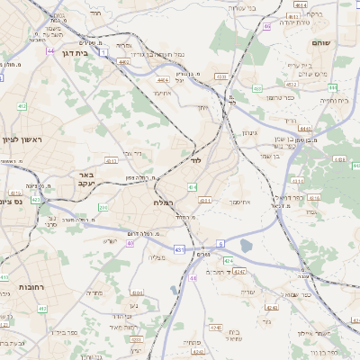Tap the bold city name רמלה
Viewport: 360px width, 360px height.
(164, 203)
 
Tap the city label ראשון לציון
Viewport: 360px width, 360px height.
(23, 139)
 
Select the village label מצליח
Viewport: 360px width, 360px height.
(156, 257)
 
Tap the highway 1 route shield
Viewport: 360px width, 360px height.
(104, 53)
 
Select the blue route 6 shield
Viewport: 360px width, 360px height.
(220, 244)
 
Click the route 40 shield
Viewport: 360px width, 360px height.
(130, 243)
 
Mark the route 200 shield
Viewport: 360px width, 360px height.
(103, 208)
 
